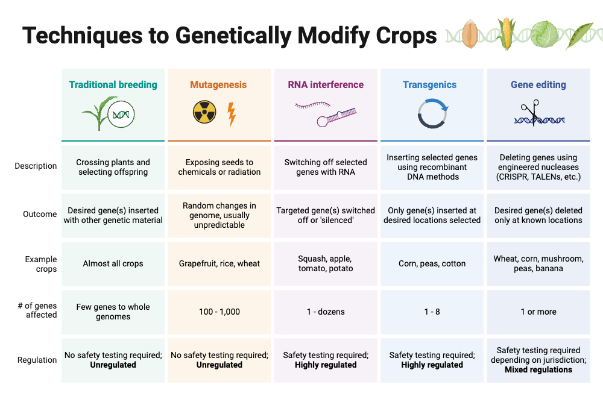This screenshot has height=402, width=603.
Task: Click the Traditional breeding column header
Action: [x=113, y=85]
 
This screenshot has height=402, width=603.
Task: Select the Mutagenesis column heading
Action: [x=218, y=85]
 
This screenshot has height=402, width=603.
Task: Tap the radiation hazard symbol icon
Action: [x=204, y=113]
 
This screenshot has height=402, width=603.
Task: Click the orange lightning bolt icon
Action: [x=232, y=114]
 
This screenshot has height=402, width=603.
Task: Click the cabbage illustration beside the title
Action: [x=545, y=34]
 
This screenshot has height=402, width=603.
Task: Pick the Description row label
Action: [x=36, y=166]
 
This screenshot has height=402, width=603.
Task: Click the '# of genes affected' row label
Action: [x=37, y=310]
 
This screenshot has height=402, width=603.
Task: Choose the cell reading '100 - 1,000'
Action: [x=219, y=312]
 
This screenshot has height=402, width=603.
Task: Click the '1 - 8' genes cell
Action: [x=432, y=312]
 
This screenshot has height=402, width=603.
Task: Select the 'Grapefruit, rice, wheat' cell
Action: [x=219, y=263]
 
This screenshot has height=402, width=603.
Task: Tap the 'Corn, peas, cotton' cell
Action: [x=432, y=263]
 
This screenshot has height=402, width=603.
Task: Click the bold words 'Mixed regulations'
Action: [x=538, y=369]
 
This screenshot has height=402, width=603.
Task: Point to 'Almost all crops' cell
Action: [x=113, y=263]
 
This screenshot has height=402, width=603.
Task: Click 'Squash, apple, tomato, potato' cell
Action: [x=326, y=263]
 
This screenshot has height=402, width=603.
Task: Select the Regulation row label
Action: [x=37, y=360]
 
